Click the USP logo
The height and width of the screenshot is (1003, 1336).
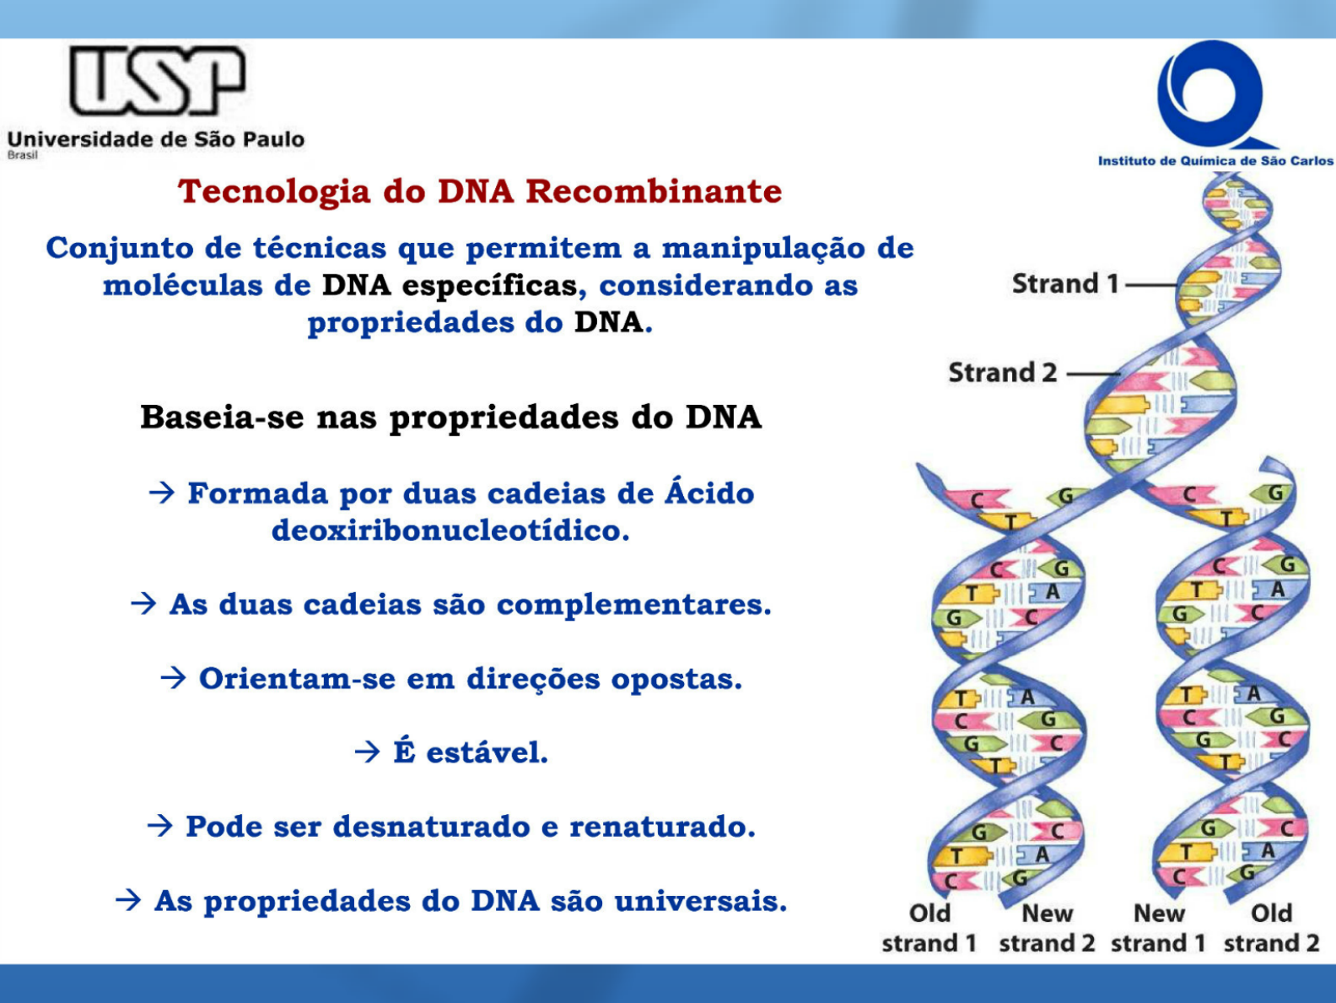point(157,80)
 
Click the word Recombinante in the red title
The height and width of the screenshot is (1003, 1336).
point(654,191)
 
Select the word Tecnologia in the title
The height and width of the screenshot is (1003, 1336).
point(274,192)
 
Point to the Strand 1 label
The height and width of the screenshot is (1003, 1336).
point(1065,283)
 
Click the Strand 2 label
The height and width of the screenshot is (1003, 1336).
point(1003,373)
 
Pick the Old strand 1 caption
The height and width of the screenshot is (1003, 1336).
point(929,928)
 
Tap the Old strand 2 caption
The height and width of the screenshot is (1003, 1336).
point(1272,928)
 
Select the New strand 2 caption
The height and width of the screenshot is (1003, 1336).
point(1047,928)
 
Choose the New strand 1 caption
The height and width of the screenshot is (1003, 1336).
point(1158,928)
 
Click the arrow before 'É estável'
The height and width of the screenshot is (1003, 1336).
point(368,752)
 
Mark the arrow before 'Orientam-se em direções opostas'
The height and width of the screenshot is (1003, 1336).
point(173,678)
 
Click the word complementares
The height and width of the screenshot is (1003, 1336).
point(634,605)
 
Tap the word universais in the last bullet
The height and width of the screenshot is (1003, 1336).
point(701,901)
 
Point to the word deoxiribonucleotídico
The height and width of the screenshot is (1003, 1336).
point(450,530)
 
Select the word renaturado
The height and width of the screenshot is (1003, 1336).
point(662,827)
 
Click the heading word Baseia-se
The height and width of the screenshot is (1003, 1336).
point(222,418)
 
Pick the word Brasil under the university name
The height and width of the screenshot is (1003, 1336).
point(23,155)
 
